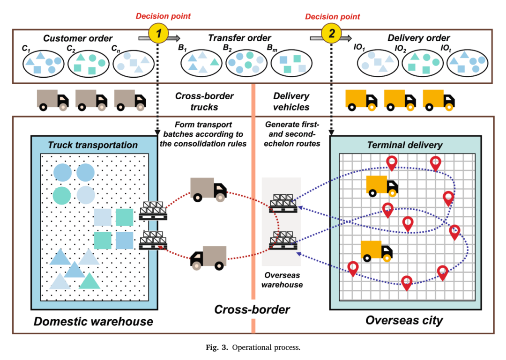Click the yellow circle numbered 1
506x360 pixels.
pos(158,33)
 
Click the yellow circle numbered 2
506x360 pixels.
pos(331,33)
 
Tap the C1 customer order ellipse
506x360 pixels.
pos(43,64)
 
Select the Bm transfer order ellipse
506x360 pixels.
pos(291,63)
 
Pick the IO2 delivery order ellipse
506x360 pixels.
pos(423,63)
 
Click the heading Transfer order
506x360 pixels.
pos(239,38)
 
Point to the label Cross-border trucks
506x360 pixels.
pos(204,101)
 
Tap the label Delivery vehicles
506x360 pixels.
pos(291,101)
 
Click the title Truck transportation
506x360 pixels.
pos(93,145)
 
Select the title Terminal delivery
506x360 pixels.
pos(405,145)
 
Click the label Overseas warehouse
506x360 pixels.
pos(282,280)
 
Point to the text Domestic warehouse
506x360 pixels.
pos(93,322)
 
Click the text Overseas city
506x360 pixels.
pos(404,320)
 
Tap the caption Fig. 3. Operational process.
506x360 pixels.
pos(253,347)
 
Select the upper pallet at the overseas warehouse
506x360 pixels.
pos(283,204)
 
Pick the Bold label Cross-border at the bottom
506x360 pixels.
pos(252,310)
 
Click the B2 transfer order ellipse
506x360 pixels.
pos(246,63)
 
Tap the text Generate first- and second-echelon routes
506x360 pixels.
pos(292,134)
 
